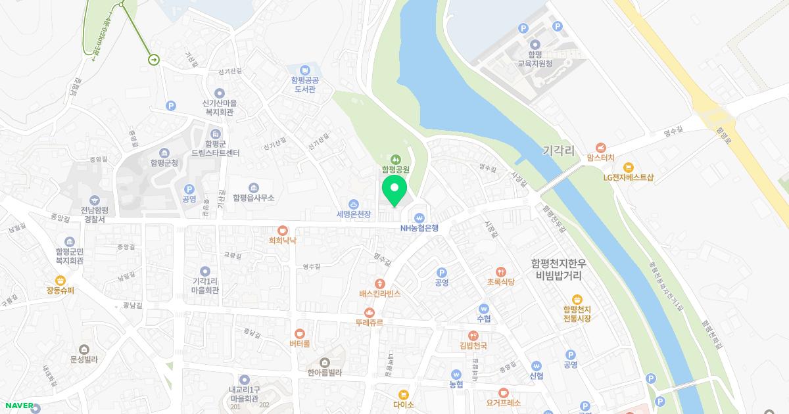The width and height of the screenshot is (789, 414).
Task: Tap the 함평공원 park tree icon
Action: pos(396,158)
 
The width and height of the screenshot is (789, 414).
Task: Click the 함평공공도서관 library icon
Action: pos(304,70)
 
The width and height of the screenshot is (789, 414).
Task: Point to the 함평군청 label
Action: pos(164,162)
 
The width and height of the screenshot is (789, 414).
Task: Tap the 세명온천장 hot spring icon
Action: pos(354,204)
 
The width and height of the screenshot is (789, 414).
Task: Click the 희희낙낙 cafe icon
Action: pos(283,230)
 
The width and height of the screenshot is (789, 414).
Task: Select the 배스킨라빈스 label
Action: pos(380,294)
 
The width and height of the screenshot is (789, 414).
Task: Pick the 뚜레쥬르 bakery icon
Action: pos(369,312)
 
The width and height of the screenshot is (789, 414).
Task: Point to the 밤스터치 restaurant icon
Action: pos(600,148)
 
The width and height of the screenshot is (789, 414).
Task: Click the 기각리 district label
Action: pos(559,151)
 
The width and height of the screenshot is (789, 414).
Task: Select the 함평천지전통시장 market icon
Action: pos(577,299)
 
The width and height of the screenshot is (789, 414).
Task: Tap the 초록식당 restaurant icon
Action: pos(501,271)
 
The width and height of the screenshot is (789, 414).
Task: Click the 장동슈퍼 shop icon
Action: pos(60,280)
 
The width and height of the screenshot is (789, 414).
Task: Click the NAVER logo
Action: pos(17,405)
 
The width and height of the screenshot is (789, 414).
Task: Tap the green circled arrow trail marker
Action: pos(154,60)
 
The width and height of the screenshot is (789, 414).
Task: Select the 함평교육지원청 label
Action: pos(535,60)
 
